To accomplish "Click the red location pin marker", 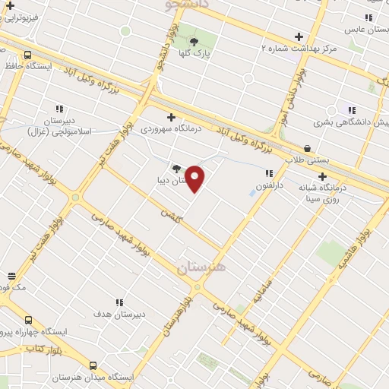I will click(195, 179).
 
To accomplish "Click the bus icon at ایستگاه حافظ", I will click(28, 55).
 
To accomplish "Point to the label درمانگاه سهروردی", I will click(170, 128).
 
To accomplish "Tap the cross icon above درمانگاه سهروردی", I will click(171, 117).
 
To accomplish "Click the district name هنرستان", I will click(201, 267).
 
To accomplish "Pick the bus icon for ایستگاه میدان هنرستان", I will click(93, 365).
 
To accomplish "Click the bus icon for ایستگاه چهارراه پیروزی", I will click(28, 321).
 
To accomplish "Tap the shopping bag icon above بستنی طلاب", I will click(307, 148).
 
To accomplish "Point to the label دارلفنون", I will click(268, 185).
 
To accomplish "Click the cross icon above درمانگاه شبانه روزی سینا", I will click(323, 176).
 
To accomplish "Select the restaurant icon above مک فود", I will click(11, 276).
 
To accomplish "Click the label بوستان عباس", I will click(362, 29).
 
